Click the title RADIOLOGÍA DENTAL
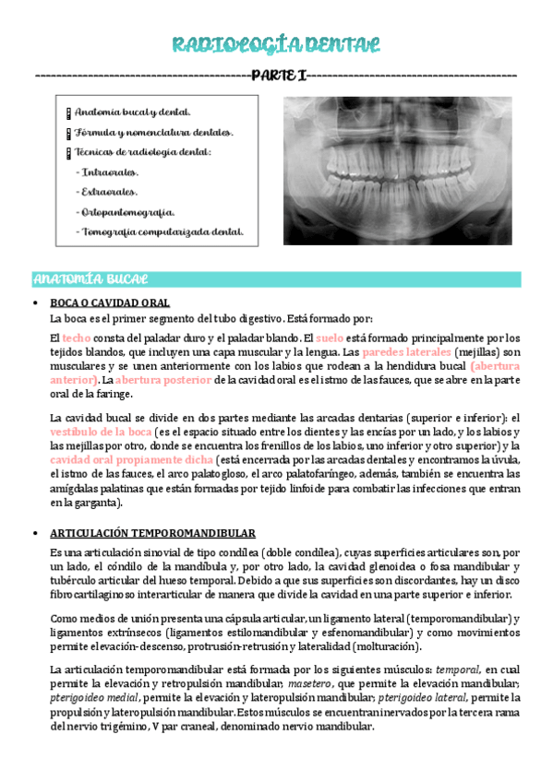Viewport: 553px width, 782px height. pos(276,46)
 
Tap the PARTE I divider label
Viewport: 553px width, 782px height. pos(277,75)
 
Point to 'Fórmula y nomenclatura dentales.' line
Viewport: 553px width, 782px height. pos(153,132)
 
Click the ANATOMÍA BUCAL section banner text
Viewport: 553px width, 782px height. pos(90,278)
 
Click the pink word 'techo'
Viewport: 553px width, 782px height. pos(77,338)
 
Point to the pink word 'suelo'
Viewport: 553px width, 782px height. pos(330,338)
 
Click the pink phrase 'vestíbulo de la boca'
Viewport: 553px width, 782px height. pos(102,431)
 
